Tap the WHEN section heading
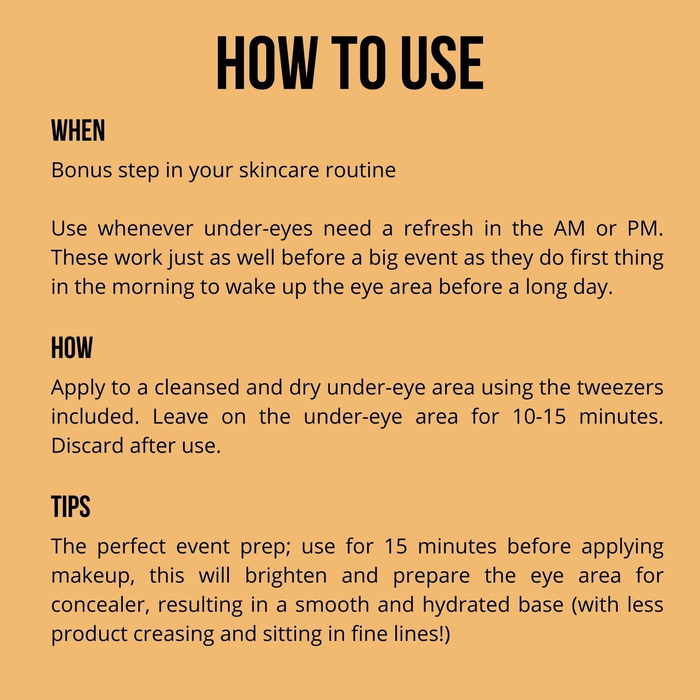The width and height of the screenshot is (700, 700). click(78, 130)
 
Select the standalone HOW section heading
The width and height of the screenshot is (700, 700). click(72, 348)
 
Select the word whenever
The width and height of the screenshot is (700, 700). click(145, 229)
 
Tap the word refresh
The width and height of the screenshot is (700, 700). click(438, 229)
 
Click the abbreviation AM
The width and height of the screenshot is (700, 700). click(569, 229)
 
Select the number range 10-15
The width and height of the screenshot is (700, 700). click(539, 417)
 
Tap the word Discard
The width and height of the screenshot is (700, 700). click(87, 446)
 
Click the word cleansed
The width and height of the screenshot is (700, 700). click(197, 387)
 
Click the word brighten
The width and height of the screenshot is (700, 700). click(286, 576)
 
